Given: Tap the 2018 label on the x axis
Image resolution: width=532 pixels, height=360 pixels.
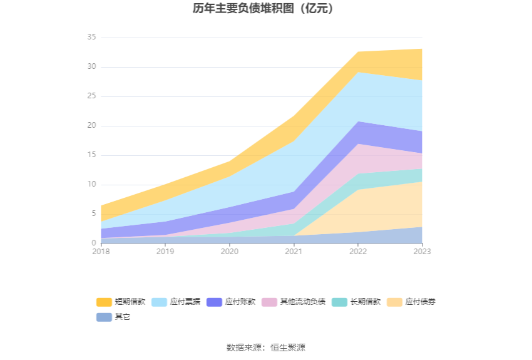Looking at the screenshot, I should point(101,251).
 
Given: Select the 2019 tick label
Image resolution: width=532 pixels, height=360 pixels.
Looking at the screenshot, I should point(165,251).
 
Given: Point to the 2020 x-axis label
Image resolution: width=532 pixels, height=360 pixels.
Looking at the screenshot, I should point(230,251).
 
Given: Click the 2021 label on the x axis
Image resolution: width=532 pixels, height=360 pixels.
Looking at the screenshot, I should point(294,251).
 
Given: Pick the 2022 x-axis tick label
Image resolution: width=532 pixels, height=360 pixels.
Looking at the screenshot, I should point(358,251).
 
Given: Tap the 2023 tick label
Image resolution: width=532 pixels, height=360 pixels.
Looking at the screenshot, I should point(422,251).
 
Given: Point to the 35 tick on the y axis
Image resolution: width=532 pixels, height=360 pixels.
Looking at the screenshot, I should point(91,38).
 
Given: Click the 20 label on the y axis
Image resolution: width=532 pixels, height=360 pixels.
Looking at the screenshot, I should point(91,126).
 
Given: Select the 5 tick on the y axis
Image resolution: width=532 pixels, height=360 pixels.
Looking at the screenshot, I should point(93,213).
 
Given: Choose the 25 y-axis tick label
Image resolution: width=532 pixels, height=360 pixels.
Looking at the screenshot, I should point(91,96).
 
